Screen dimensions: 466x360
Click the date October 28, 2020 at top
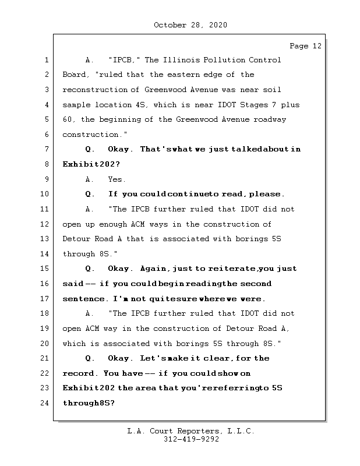click(x=190, y=25)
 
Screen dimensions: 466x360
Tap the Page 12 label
click(x=305, y=46)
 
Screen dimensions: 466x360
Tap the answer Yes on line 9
click(x=117, y=179)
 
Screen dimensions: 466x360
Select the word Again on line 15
click(x=154, y=269)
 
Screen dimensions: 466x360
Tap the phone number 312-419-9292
click(x=190, y=440)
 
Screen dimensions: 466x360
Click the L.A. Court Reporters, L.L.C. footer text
click(x=190, y=431)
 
